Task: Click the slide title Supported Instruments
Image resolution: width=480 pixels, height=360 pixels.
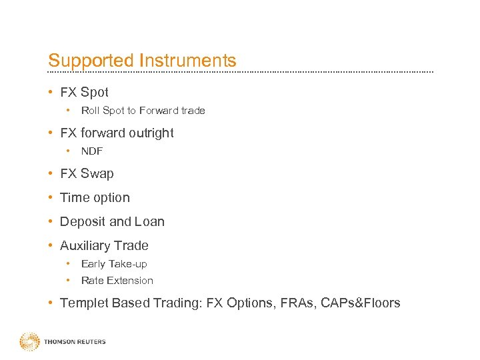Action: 142,61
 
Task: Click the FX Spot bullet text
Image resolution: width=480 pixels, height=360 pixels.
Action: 84,93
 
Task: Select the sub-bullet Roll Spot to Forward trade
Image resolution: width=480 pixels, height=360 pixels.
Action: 143,111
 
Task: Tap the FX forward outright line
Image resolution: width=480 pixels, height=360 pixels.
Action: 117,133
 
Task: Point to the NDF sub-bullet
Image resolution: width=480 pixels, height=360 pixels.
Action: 92,151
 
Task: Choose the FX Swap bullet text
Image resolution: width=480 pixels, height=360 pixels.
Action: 87,174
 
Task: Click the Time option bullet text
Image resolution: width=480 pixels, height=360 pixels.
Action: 95,198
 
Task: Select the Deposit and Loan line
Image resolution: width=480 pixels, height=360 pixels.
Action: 112,222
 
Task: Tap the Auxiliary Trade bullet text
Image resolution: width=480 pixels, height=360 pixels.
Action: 104,246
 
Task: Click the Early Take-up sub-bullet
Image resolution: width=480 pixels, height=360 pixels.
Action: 114,264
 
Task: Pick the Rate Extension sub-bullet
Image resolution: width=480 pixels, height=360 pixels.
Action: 117,281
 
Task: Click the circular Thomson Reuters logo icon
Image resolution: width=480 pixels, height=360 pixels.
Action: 29,342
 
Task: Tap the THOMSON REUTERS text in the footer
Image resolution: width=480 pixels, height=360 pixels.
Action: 75,342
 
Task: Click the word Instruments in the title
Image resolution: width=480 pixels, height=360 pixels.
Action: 187,61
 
